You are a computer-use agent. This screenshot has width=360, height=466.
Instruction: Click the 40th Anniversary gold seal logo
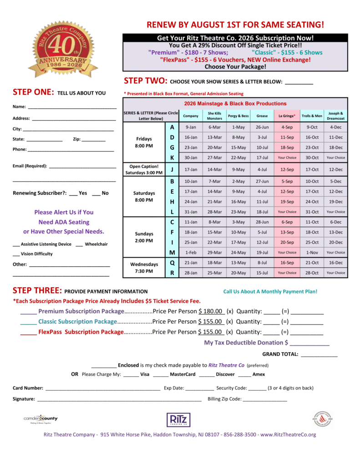point(63,49)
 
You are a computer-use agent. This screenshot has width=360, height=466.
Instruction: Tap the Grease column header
point(262,116)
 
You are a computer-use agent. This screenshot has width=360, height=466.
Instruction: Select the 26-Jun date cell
point(262,127)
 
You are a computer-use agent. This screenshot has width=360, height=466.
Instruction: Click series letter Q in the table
point(172,263)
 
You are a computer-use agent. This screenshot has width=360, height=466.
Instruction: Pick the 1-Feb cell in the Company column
point(191,252)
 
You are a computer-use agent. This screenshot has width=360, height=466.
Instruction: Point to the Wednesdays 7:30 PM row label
point(144,268)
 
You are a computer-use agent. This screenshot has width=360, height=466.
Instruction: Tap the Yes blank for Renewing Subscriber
point(73,193)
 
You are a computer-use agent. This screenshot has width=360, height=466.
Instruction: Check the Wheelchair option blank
point(79,244)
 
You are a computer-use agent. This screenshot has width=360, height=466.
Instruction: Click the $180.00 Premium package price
point(211,311)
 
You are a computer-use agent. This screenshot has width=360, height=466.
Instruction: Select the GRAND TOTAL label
point(280,354)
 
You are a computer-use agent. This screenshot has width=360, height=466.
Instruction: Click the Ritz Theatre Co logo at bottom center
point(178,420)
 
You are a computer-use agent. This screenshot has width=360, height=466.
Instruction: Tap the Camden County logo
point(41,419)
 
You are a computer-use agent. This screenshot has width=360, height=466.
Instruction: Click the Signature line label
point(24,399)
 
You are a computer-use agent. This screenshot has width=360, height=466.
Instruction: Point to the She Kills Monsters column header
point(214,116)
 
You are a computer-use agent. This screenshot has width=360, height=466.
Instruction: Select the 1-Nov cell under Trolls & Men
point(312,252)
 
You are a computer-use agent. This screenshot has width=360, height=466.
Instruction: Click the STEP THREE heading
point(37,290)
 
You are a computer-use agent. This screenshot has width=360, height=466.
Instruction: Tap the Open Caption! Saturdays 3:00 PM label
point(144,169)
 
